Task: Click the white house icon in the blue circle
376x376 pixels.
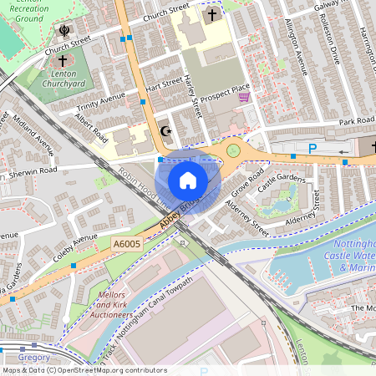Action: (x=188, y=180)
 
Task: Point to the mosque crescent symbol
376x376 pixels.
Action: (x=165, y=131)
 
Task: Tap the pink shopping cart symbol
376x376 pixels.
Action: (x=244, y=97)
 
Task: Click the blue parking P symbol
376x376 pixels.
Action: (x=312, y=148)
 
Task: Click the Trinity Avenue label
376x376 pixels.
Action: (x=100, y=104)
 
